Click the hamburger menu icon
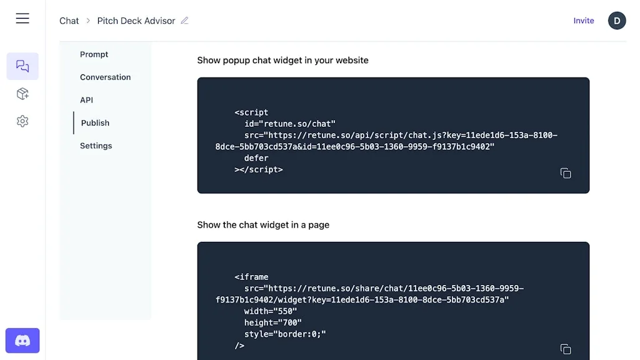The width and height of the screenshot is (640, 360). pyautogui.click(x=22, y=19)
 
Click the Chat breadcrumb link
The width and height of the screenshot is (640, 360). pyautogui.click(x=69, y=21)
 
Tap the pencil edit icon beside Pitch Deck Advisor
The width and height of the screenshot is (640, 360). pyautogui.click(x=184, y=21)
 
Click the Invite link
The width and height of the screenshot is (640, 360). pyautogui.click(x=584, y=21)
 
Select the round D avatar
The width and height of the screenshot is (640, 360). pyautogui.click(x=617, y=21)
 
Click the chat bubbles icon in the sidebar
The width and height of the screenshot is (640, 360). pyautogui.click(x=22, y=66)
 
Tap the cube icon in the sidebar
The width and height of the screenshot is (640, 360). pyautogui.click(x=22, y=94)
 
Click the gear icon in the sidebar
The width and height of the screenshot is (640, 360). pyautogui.click(x=22, y=121)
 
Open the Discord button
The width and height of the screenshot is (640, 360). pyautogui.click(x=22, y=341)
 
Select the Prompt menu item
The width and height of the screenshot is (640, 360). pyautogui.click(x=94, y=54)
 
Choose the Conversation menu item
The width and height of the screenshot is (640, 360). pyautogui.click(x=106, y=77)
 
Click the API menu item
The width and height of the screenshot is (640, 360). pyautogui.click(x=87, y=100)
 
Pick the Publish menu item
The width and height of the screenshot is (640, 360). pyautogui.click(x=95, y=123)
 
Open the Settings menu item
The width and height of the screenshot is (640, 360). pyautogui.click(x=96, y=146)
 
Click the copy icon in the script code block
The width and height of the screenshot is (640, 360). pyautogui.click(x=566, y=173)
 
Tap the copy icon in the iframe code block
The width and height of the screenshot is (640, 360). pyautogui.click(x=566, y=349)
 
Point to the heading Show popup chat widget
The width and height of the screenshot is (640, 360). pyautogui.click(x=282, y=61)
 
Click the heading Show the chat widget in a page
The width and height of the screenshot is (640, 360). pyautogui.click(x=263, y=225)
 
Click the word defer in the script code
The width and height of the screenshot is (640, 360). pyautogui.click(x=256, y=158)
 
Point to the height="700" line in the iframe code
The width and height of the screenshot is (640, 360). pyautogui.click(x=271, y=322)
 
